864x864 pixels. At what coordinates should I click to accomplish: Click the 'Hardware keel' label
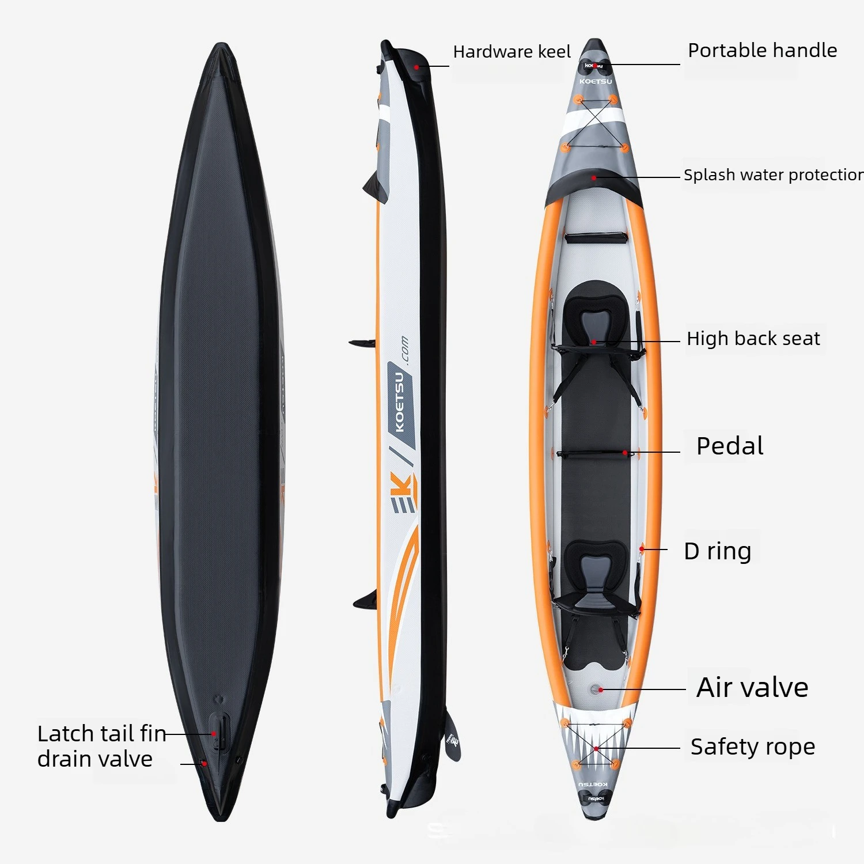click(x=511, y=52)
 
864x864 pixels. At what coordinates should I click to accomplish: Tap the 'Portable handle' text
click(x=762, y=51)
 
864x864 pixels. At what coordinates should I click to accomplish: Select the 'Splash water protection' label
click(x=774, y=175)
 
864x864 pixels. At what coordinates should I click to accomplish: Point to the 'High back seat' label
click(x=753, y=339)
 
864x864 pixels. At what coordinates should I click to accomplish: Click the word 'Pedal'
click(x=730, y=446)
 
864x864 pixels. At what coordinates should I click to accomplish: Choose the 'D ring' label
click(x=718, y=551)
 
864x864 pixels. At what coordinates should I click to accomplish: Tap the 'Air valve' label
click(x=752, y=687)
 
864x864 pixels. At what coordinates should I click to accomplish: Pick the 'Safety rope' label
click(x=753, y=747)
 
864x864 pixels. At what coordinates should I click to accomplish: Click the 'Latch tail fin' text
click(x=102, y=734)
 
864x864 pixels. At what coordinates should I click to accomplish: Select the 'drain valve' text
click(x=95, y=759)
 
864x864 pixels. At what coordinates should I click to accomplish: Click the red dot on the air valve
click(x=601, y=689)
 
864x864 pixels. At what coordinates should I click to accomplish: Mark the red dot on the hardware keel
click(x=416, y=67)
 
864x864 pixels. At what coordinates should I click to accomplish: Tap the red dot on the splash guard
click(x=594, y=178)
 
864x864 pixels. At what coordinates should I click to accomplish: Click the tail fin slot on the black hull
click(x=219, y=730)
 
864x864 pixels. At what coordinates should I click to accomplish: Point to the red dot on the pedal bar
click(x=625, y=453)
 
